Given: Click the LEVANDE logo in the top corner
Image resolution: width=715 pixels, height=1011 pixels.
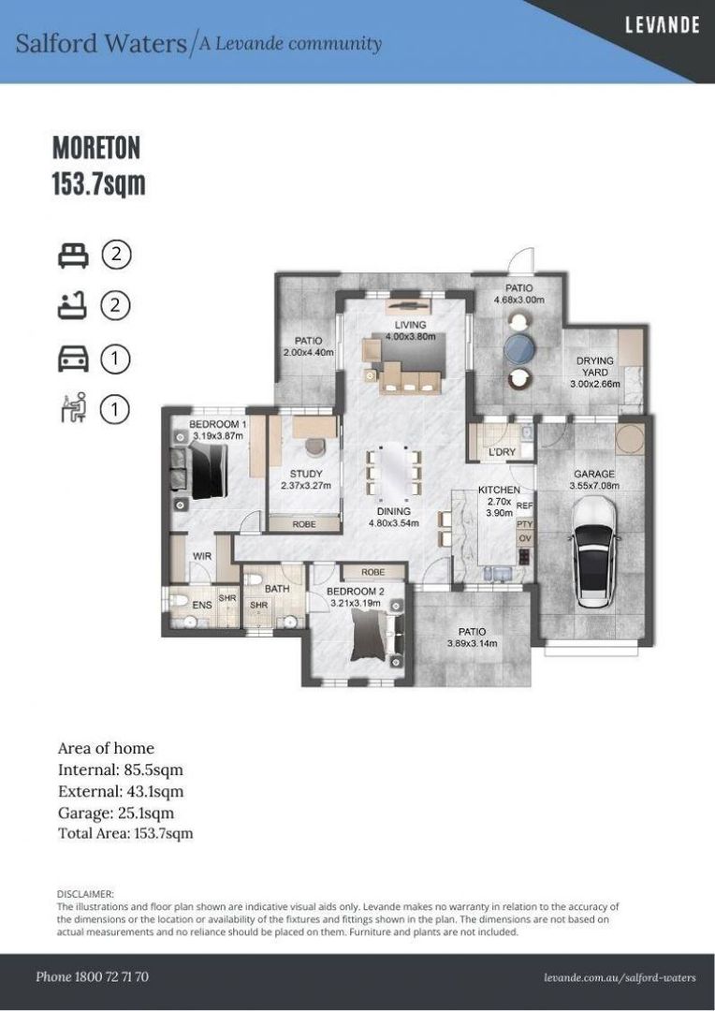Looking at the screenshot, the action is point(663,25).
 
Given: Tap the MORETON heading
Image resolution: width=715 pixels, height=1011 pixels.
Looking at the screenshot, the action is point(96,148).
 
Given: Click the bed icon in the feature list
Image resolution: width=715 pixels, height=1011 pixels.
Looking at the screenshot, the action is point(73,256).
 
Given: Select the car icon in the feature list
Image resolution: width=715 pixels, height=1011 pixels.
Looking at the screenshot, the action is point(73,359).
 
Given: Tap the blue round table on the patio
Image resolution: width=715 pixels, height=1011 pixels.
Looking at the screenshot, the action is point(519,348).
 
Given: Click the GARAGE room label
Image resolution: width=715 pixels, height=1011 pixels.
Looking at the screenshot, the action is point(593,474).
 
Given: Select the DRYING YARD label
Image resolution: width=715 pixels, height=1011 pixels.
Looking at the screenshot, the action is point(595,366).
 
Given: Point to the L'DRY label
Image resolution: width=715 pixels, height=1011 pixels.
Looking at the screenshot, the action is point(503,452).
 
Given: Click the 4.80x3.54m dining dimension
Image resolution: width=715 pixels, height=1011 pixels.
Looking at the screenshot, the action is point(393,523).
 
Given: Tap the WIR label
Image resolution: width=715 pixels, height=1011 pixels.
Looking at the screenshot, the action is point(202,556).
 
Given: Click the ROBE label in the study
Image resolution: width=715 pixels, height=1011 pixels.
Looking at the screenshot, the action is point(304,524).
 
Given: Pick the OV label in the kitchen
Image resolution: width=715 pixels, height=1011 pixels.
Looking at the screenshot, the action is point(525,538).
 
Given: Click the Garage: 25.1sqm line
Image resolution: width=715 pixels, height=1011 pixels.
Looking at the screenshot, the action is point(116,813).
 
